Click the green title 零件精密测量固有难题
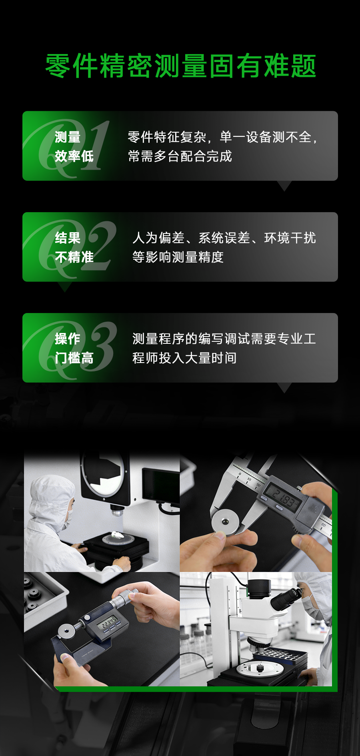click(180, 66)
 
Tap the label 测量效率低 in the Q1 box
click(74, 146)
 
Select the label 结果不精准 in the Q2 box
click(74, 247)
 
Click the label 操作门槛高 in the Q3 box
click(74, 348)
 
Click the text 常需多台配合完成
click(180, 156)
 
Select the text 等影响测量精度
click(178, 257)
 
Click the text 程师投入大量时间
click(184, 358)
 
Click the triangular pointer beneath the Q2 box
click(64, 287)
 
